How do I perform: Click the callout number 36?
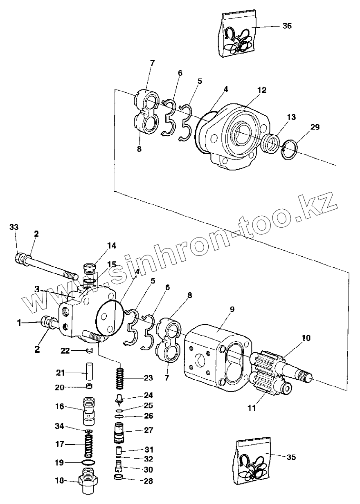coord(287,25)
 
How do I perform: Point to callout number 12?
coord(262,90)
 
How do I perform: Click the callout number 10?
coord(306,338)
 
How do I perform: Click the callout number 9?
coord(232,309)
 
